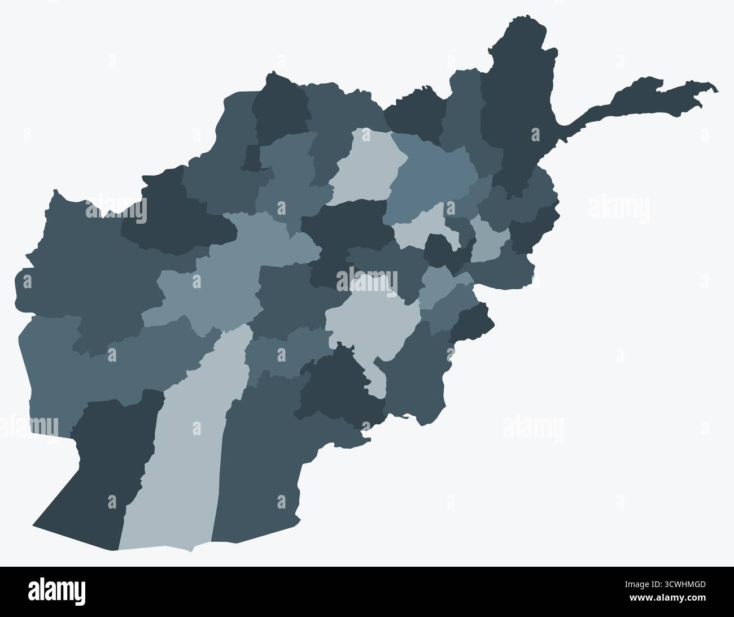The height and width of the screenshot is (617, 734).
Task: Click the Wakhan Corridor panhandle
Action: (x=638, y=102)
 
